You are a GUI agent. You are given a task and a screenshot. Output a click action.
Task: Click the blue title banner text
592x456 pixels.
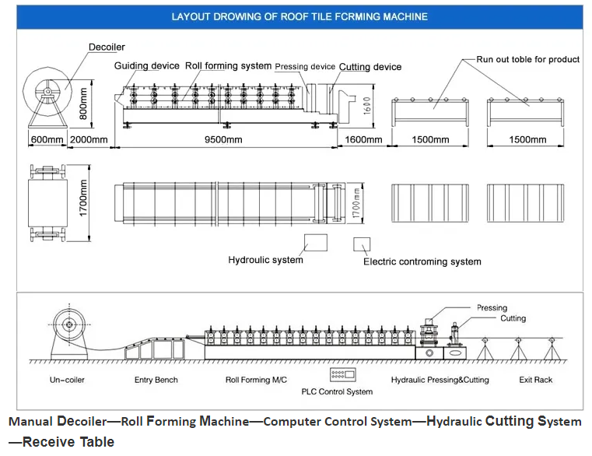pos(300,16)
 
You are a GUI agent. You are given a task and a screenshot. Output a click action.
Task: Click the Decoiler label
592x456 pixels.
pos(107,47)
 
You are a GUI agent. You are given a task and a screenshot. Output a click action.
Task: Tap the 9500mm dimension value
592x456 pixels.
pos(223,139)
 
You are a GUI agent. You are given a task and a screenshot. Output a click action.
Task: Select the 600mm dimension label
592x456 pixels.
pos(47,139)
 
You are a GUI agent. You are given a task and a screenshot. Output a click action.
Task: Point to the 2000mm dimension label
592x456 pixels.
pos(89,139)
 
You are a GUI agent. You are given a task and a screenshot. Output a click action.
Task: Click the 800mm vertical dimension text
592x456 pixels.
pos(83,103)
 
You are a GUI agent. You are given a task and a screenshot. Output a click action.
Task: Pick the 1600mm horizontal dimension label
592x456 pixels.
pos(363,139)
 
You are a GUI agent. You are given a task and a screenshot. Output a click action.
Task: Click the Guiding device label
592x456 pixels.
pos(146,65)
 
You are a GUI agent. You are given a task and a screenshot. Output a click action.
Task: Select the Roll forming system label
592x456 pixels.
pos(228,65)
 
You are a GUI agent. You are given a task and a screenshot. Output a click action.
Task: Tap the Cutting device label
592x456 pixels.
pos(370,67)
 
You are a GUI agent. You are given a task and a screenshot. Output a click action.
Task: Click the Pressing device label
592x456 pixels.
pos(305,66)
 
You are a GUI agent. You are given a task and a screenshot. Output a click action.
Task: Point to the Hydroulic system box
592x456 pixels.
pos(316,243)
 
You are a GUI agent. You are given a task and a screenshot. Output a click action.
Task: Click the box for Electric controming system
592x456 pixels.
pos(362,244)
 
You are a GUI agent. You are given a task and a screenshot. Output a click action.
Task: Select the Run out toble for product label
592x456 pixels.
pos(527,59)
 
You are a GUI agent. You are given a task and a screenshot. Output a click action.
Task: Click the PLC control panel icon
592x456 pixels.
pos(343,374)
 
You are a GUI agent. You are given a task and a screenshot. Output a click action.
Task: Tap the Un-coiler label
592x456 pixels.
pos(67,380)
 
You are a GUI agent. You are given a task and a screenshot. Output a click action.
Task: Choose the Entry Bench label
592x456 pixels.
pos(156,380)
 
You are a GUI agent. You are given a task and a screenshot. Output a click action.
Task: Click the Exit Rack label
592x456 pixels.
pos(535,380)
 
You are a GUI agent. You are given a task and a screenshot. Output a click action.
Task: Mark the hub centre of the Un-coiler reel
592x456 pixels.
pos(69,324)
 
